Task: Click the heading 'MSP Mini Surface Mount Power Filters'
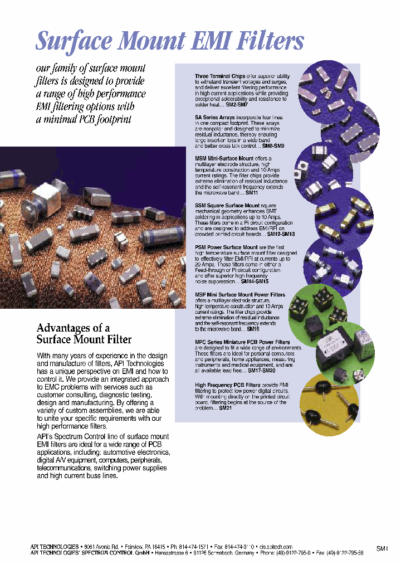coord(240,295)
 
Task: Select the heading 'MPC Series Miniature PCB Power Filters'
coord(242,342)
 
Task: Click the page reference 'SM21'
coord(226,408)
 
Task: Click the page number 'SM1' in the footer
coord(382,549)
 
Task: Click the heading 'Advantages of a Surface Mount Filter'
coord(84,333)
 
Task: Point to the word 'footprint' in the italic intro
coord(114,119)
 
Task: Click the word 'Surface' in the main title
coord(72,42)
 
